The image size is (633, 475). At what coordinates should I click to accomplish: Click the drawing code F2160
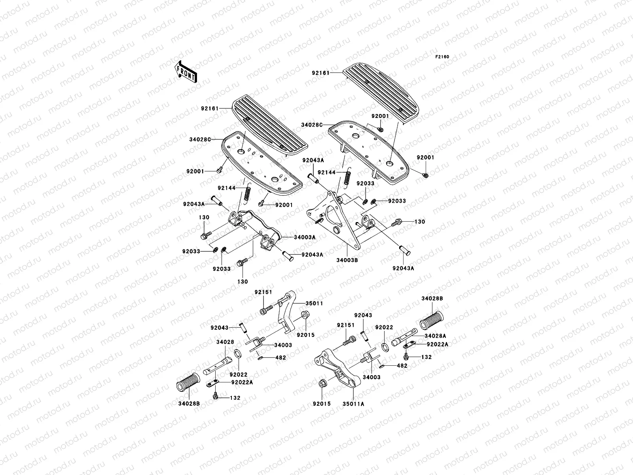tap(442, 57)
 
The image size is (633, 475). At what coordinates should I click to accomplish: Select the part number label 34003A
tap(305, 237)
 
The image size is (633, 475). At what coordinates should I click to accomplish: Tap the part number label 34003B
tap(347, 260)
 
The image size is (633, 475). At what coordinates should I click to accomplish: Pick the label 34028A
tap(435, 336)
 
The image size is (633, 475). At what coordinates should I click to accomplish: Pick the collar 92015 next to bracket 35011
tap(305, 326)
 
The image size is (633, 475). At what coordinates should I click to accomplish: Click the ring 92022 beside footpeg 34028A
tap(385, 347)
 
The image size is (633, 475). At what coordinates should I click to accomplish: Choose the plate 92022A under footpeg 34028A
tap(410, 345)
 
